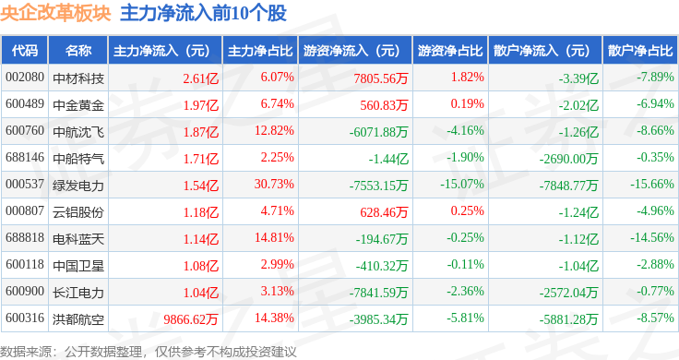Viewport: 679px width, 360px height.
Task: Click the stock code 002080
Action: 25,78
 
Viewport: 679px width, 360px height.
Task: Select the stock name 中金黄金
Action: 78,105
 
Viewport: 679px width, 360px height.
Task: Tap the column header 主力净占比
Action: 260,51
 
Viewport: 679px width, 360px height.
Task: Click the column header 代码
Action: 25,51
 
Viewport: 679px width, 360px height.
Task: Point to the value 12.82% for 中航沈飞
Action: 274,130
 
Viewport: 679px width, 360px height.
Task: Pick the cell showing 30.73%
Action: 274,184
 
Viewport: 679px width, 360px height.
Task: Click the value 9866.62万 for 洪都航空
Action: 191,319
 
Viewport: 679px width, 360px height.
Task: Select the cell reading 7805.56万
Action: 381,78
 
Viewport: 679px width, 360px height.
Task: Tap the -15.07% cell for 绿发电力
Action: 462,184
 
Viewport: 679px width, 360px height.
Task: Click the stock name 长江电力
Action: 78,293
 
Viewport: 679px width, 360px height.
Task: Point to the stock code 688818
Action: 25,238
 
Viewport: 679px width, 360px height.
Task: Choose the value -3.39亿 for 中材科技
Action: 578,78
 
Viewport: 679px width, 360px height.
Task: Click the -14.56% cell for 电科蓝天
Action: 651,238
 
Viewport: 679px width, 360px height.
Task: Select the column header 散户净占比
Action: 640,51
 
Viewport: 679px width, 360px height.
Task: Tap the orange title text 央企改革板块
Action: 56,13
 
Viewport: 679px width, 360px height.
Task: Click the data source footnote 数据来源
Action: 25,352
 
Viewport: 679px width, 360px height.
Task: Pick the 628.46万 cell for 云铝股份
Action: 384,212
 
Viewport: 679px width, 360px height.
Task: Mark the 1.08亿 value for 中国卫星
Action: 201,266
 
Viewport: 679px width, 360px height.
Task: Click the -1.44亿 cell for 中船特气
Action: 388,159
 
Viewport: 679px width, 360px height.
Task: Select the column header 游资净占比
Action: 450,51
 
